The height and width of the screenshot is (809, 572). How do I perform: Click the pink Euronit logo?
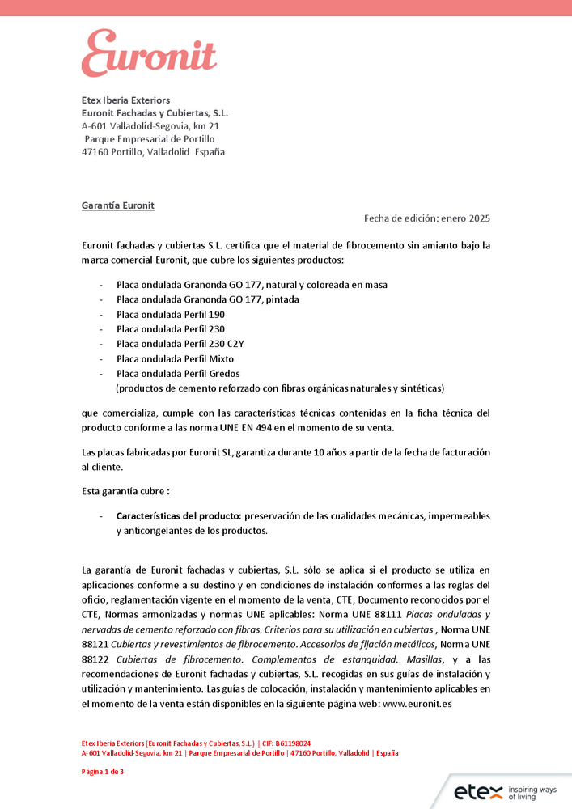click(x=149, y=53)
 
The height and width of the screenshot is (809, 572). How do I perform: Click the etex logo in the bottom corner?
click(x=477, y=791)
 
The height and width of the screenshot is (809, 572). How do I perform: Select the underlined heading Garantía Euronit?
click(x=117, y=205)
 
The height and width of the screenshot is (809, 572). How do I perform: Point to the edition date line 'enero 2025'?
click(x=465, y=218)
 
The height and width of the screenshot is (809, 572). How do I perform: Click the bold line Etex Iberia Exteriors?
click(x=125, y=100)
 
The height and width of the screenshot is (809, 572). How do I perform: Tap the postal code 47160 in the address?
click(x=95, y=152)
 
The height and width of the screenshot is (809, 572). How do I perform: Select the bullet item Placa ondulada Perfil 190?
click(x=170, y=314)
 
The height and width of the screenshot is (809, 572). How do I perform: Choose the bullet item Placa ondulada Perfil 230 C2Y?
click(x=180, y=344)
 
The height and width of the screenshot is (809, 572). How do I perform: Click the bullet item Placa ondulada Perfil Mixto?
click(x=175, y=358)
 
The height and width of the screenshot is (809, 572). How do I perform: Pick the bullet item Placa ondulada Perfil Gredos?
click(x=178, y=374)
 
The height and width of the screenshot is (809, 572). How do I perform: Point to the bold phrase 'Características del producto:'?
click(x=179, y=515)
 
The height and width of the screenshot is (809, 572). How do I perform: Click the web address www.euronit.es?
click(x=416, y=704)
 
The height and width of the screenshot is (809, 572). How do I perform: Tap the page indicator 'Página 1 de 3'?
click(x=103, y=772)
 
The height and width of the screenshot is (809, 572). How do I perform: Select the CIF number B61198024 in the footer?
click(x=293, y=743)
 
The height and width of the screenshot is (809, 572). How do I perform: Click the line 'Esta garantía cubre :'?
click(x=125, y=491)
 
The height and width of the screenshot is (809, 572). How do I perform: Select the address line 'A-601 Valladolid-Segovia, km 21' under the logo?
click(x=150, y=126)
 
